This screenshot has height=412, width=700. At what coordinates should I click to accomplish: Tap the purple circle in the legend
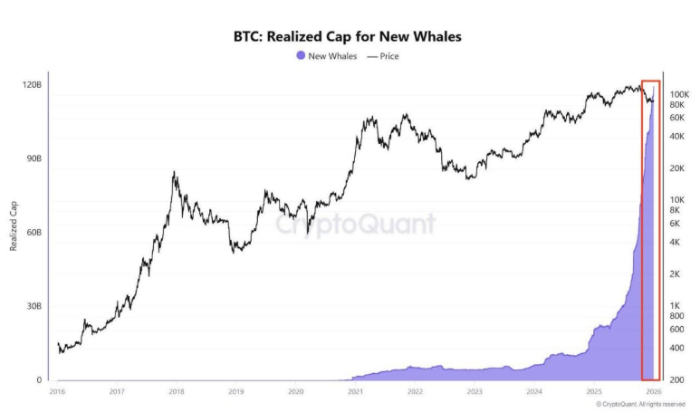point(301,55)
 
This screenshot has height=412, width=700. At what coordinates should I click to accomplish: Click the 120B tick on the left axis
point(32,84)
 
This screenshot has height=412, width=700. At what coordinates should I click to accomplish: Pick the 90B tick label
point(32,158)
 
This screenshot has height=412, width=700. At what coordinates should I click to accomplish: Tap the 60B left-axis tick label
point(32,233)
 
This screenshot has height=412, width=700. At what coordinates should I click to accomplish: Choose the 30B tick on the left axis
point(32,307)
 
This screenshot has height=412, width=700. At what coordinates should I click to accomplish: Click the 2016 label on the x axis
point(56,391)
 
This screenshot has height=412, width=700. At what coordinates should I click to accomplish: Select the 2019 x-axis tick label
point(235,391)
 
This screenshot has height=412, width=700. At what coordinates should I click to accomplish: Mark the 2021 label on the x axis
point(355,391)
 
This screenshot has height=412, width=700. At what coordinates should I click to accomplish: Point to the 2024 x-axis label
point(534,391)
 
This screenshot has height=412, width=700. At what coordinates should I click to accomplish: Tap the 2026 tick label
point(654,391)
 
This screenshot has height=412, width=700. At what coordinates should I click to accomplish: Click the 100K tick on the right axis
point(679,94)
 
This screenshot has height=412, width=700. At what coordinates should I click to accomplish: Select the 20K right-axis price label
point(677,168)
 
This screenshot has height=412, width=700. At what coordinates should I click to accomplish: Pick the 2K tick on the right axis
point(676,273)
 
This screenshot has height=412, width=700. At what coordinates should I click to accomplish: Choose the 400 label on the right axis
point(676,348)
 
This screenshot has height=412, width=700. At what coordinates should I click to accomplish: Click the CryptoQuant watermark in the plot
point(354,224)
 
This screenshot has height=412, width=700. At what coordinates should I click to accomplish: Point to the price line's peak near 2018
point(174,171)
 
